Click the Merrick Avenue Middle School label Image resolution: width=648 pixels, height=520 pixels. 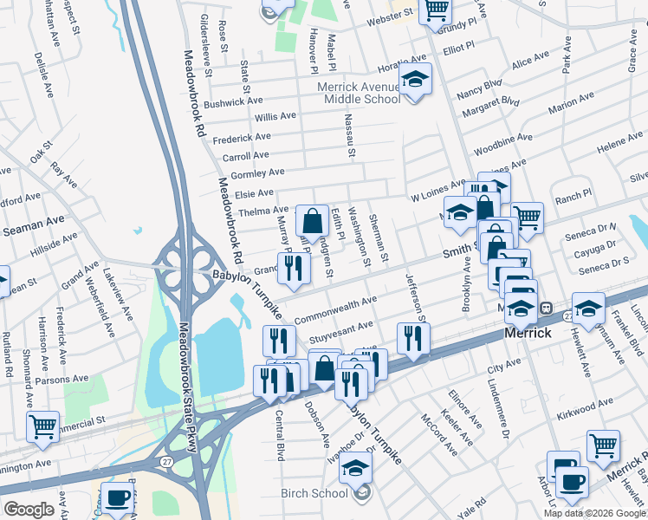pyautogui.click(x=359, y=93)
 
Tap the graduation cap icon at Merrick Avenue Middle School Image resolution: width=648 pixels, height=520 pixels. pyautogui.click(x=416, y=80)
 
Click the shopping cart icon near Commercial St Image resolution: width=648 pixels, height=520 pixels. pyautogui.click(x=42, y=426)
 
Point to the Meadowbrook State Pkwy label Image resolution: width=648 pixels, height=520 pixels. pyautogui.click(x=187, y=387)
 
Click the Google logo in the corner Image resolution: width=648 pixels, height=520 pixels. pyautogui.click(x=29, y=510)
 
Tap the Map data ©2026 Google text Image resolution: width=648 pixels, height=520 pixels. pyautogui.click(x=595, y=513)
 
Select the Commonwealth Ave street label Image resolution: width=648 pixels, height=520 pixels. pyautogui.click(x=335, y=309)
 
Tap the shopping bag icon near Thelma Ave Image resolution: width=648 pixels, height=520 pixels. pyautogui.click(x=312, y=220)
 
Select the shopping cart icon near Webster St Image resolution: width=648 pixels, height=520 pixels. pyautogui.click(x=436, y=10)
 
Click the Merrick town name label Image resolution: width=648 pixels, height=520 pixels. pyautogui.click(x=528, y=333)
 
